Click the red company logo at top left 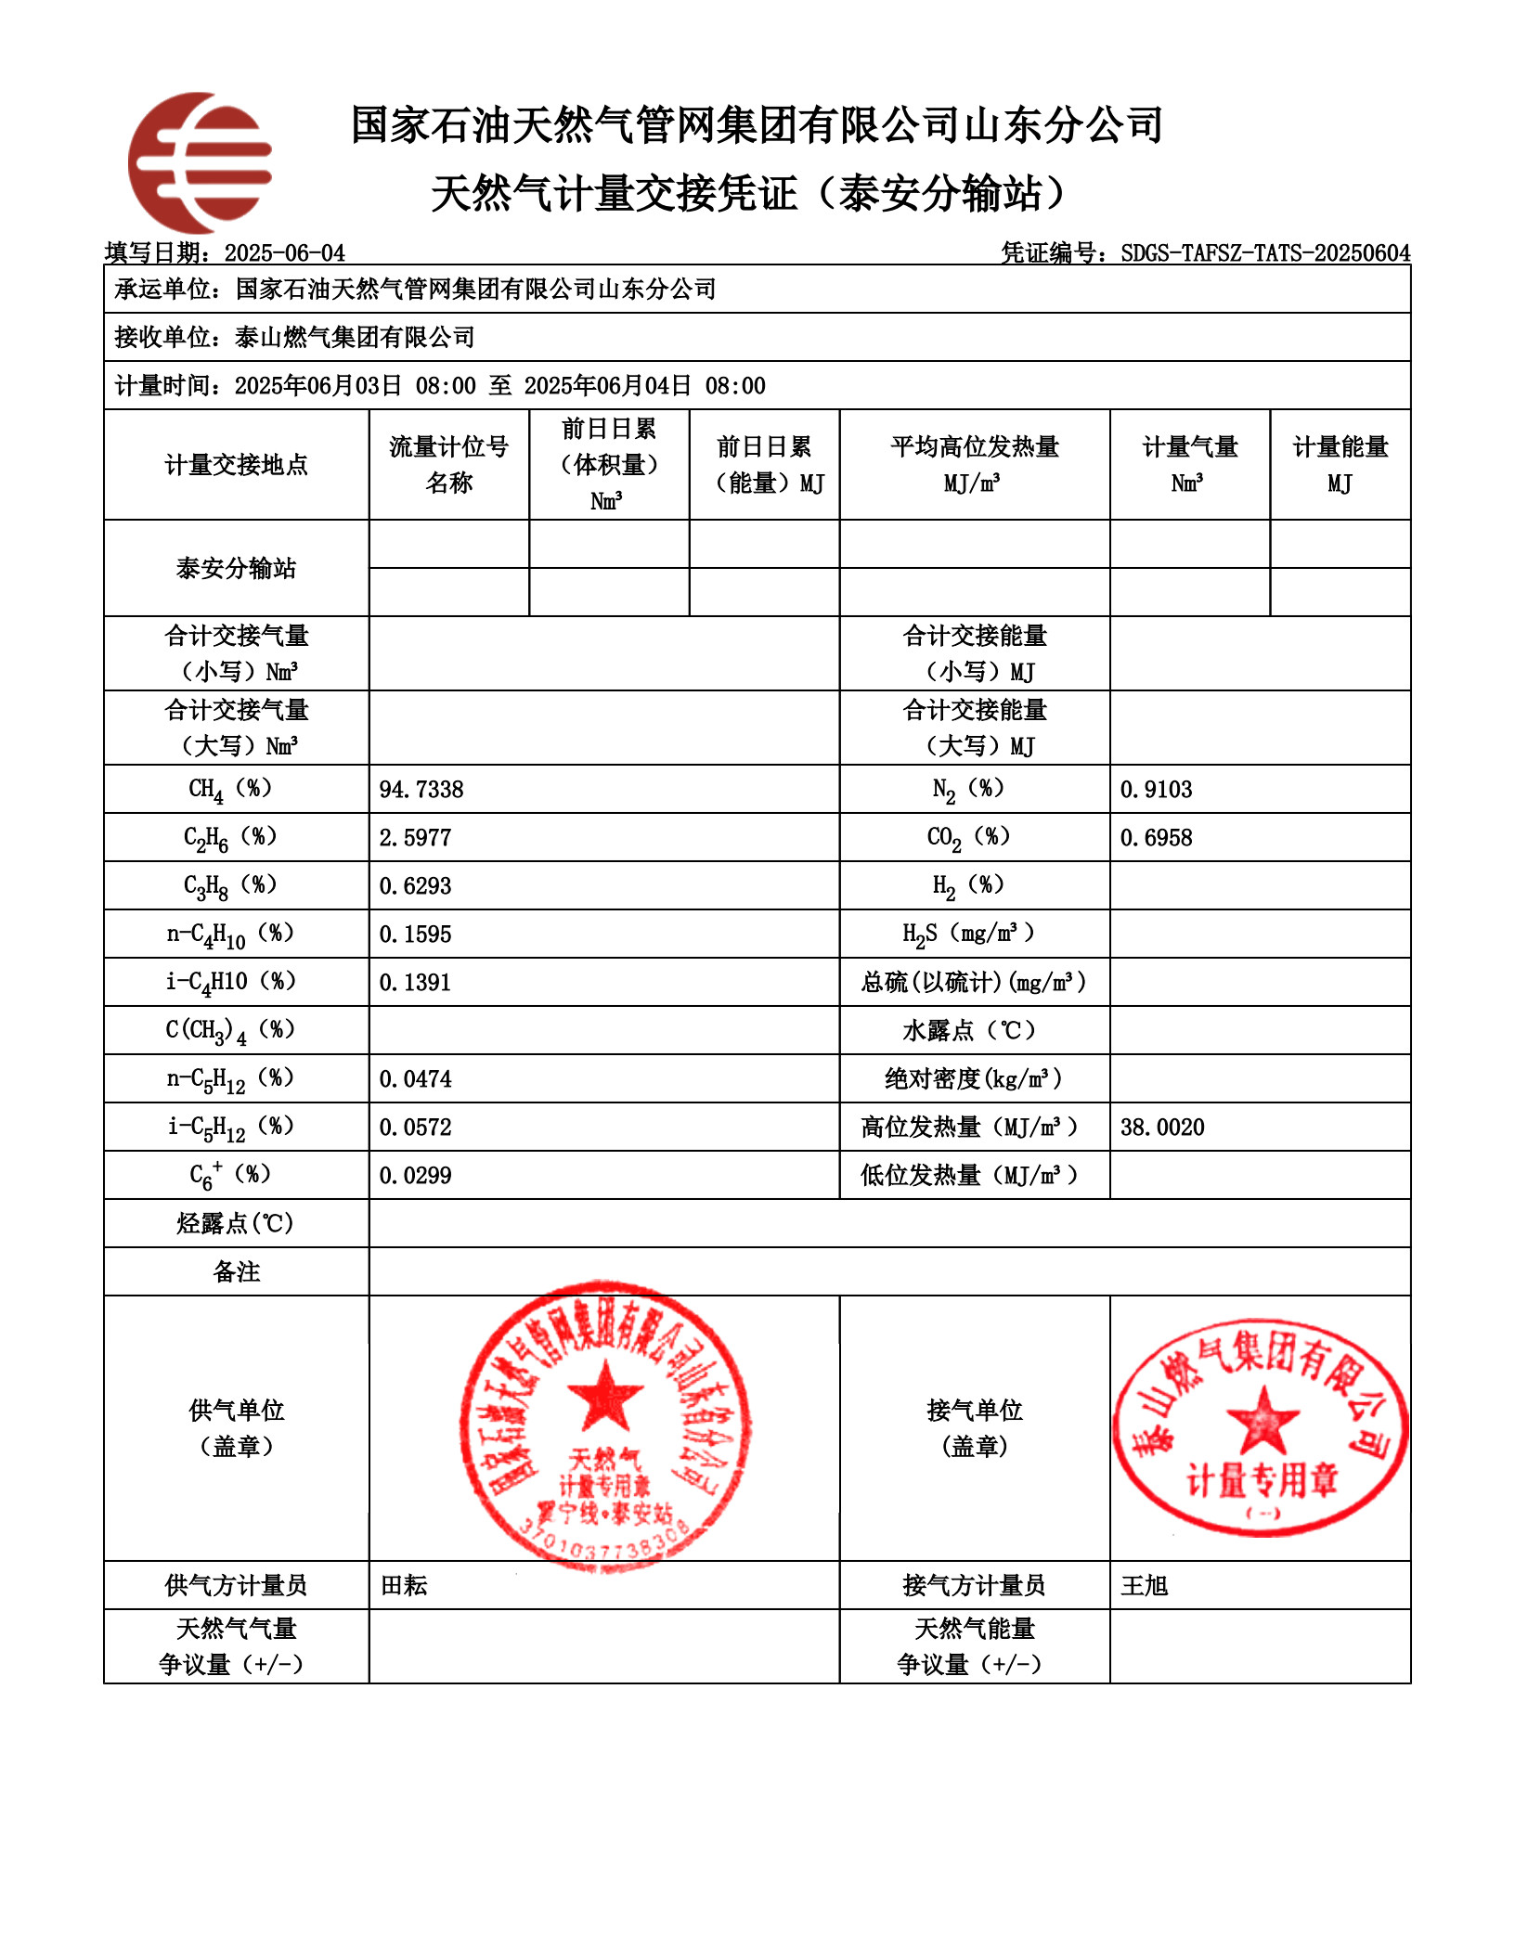coord(201,162)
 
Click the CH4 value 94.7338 coord(421,790)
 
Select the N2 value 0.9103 coord(1156,790)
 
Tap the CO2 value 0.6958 coord(1156,838)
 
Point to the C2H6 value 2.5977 coord(415,838)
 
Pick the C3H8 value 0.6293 coord(415,886)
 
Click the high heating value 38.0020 coord(1162,1128)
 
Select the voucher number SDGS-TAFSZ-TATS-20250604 coord(1265,253)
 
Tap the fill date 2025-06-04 coord(285,253)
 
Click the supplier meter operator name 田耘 coord(405,1585)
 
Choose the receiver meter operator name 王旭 coord(1145,1585)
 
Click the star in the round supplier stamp coord(605,1396)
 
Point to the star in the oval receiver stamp coord(1262,1420)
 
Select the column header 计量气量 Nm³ coord(1189,464)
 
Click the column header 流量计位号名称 coord(449,464)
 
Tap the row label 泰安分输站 coord(237,568)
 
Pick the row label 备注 coord(237,1271)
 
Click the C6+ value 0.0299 coord(415,1176)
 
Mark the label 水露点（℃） coord(974,1031)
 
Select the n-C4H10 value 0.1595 coord(415,935)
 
